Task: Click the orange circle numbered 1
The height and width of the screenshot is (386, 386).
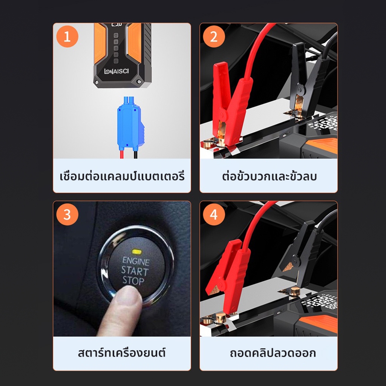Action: pyautogui.click(x=67, y=37)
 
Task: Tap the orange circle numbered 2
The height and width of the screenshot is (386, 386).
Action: pyautogui.click(x=214, y=37)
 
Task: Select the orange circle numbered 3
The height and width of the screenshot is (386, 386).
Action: pyautogui.click(x=67, y=214)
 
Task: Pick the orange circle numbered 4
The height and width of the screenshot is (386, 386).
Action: pyautogui.click(x=214, y=214)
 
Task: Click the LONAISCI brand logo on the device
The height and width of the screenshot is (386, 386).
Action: pyautogui.click(x=116, y=71)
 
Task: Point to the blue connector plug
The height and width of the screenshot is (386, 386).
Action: pyautogui.click(x=130, y=124)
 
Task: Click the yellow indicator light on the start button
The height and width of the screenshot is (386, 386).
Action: pyautogui.click(x=137, y=251)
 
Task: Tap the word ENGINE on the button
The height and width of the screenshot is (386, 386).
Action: pyautogui.click(x=136, y=261)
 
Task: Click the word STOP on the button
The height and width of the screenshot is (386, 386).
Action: pyautogui.click(x=133, y=280)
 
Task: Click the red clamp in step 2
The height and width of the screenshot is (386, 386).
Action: pyautogui.click(x=230, y=103)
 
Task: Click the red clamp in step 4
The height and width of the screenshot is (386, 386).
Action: pyautogui.click(x=228, y=276)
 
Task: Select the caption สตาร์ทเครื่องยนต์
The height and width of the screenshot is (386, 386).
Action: pyautogui.click(x=122, y=352)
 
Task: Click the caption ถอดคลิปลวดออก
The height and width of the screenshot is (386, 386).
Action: pyautogui.click(x=273, y=353)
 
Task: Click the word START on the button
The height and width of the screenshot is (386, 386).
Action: pyautogui.click(x=135, y=271)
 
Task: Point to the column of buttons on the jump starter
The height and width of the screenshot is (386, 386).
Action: pyautogui.click(x=116, y=48)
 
